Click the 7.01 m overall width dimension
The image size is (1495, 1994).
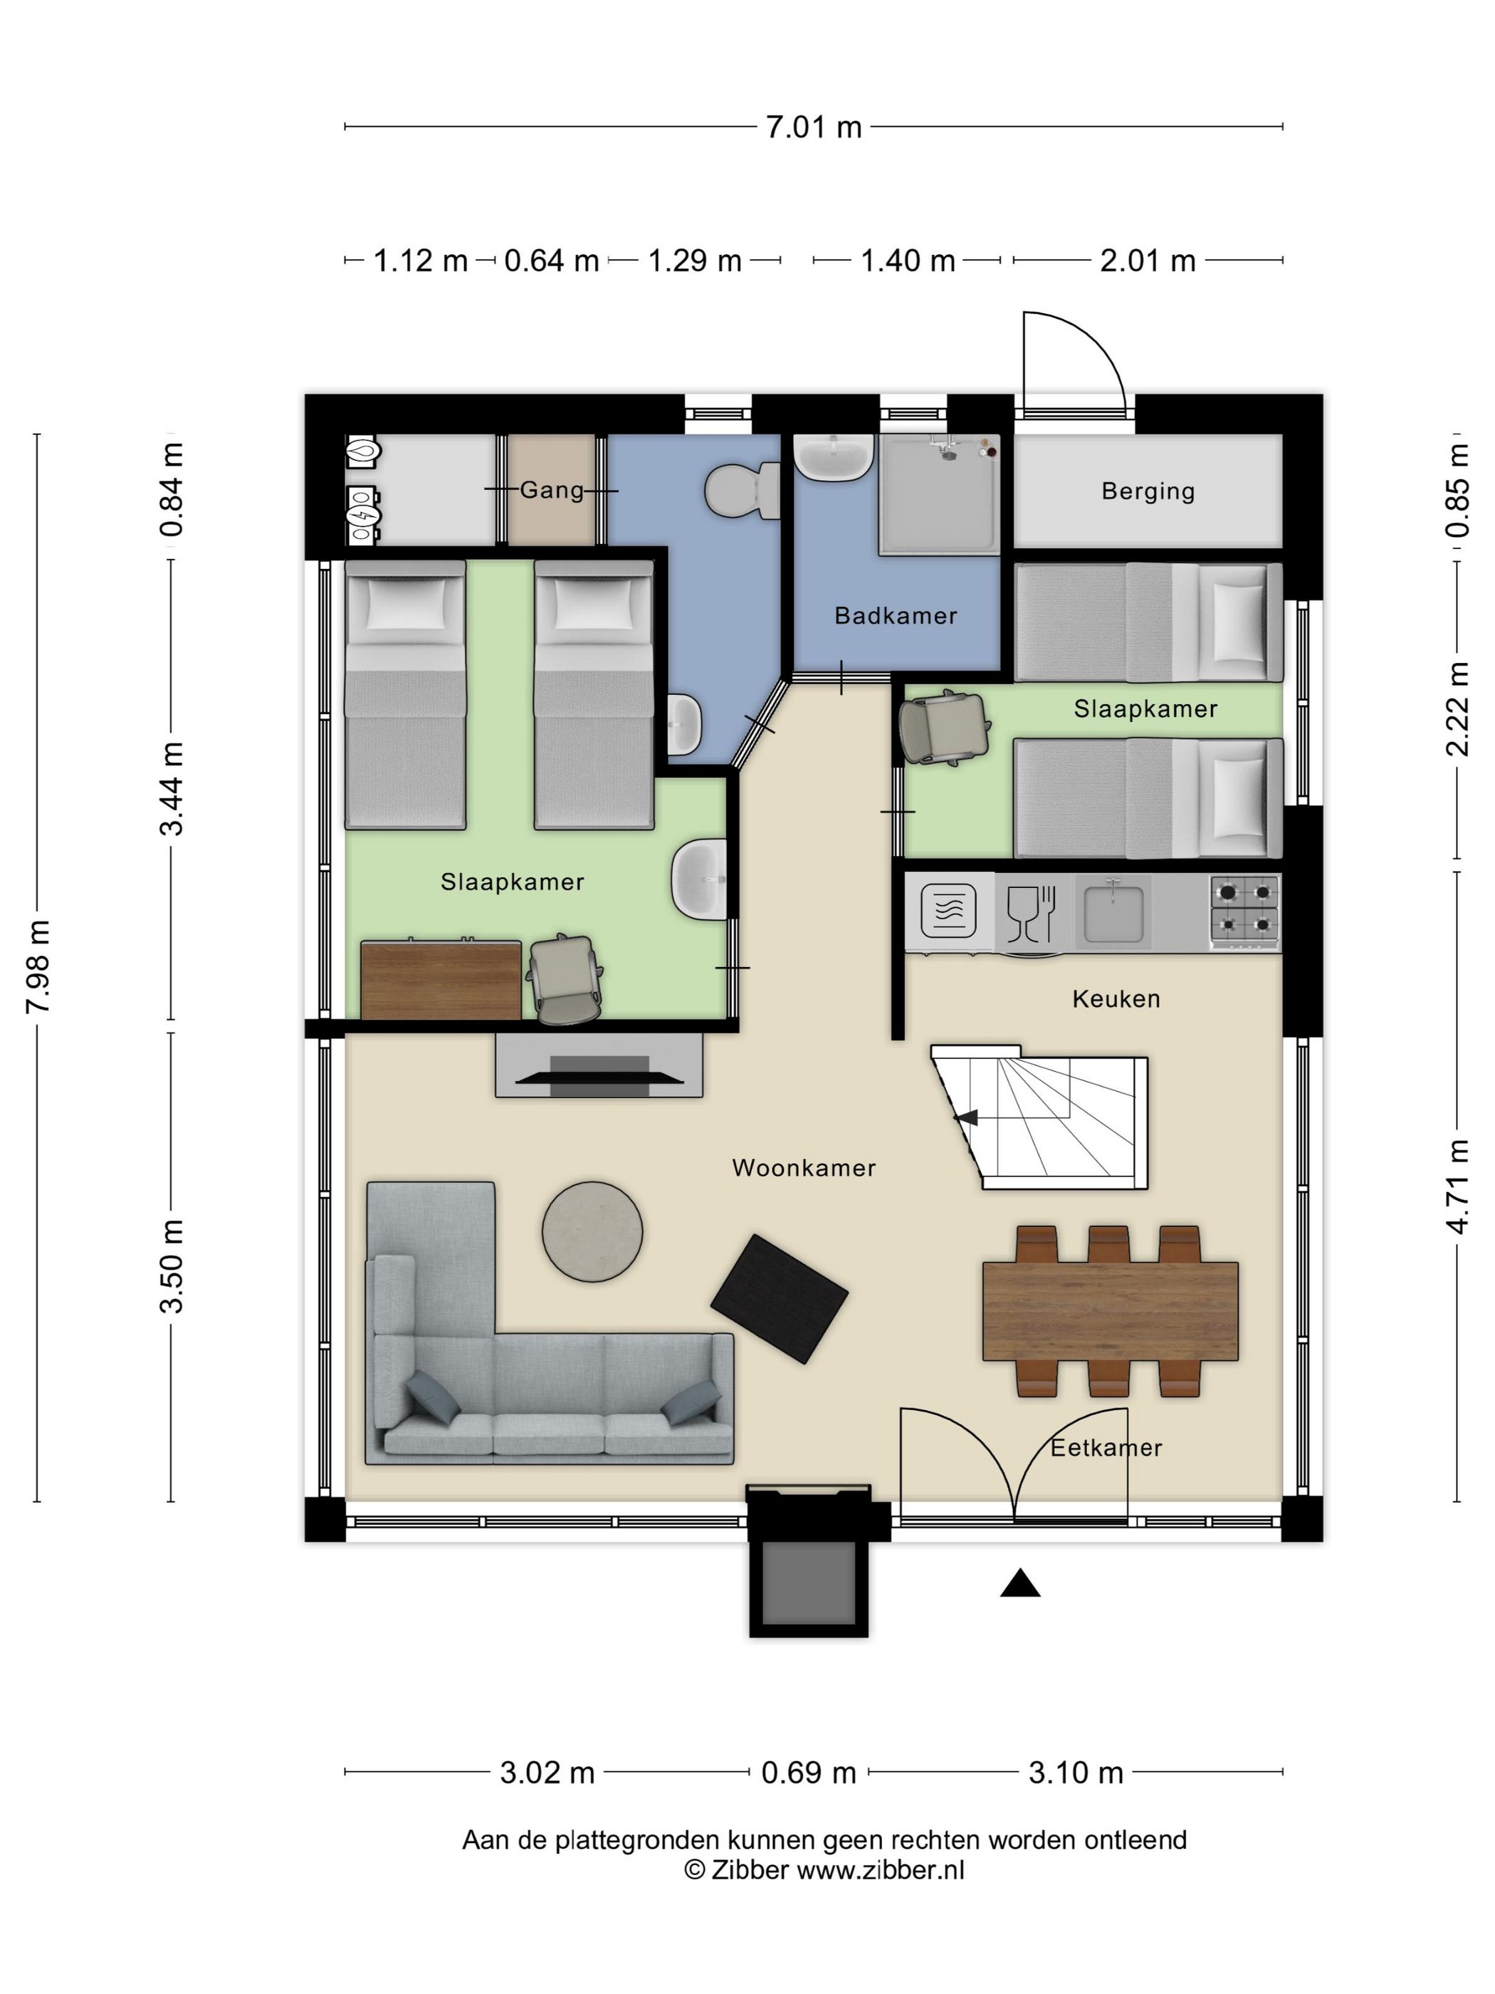coord(813,127)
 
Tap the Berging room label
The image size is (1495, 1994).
coord(1147,491)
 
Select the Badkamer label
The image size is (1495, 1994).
coord(895,616)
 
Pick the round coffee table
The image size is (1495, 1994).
coord(592,1231)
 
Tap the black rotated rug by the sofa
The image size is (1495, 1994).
coord(779,1298)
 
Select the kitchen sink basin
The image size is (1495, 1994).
coord(1113,912)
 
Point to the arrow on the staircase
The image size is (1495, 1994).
coord(966,1118)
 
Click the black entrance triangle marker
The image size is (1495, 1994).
coord(1019,1583)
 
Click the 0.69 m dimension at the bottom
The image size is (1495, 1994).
coord(808,1773)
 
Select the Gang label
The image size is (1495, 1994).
coord(552,489)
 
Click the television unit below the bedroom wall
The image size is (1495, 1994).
coord(599,1065)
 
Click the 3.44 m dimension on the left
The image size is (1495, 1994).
coord(172,789)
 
